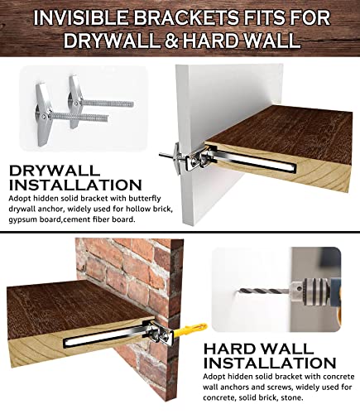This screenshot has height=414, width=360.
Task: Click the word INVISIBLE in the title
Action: [x=81, y=18]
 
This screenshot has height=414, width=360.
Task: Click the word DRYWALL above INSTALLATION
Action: [x=54, y=171]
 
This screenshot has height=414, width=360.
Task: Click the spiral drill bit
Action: [x=264, y=291]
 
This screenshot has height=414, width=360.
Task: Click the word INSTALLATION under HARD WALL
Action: [x=270, y=363]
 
